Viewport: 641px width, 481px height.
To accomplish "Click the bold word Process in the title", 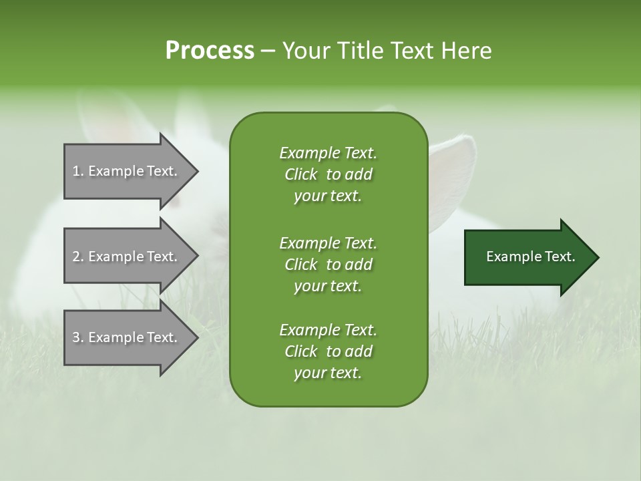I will [210, 51].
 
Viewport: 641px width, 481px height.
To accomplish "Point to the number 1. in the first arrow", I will [78, 171].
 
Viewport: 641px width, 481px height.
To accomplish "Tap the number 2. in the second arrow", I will [78, 257].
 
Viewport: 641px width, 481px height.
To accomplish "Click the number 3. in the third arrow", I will [78, 337].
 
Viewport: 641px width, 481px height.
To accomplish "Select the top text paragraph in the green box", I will [328, 174].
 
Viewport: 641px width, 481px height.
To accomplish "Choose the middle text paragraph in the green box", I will [328, 265].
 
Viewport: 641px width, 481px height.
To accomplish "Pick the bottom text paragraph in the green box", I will [328, 351].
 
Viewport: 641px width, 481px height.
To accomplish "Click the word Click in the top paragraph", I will [301, 174].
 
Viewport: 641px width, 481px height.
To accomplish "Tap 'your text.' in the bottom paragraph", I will [328, 373].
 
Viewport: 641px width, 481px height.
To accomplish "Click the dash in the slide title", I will [268, 51].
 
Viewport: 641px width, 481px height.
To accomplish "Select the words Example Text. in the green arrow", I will [531, 257].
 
